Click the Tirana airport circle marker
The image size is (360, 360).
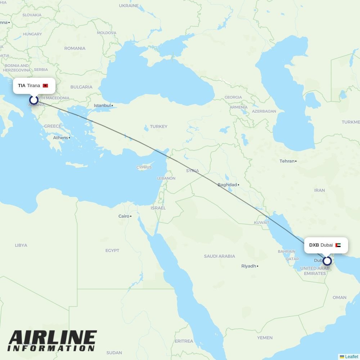click(33, 100)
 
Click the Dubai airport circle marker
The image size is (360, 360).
click(327, 261)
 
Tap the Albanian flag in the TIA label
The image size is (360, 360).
click(45, 86)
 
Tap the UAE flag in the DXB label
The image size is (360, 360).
click(338, 245)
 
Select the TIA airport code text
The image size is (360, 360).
click(22, 86)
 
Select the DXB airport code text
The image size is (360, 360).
click(314, 245)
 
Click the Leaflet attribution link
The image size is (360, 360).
click(351, 357)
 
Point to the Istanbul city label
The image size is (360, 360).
click(102, 105)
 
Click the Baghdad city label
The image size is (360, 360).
click(227, 185)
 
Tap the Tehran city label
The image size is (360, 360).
click(287, 161)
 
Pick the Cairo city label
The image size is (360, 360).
click(124, 216)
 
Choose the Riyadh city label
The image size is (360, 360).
click(248, 266)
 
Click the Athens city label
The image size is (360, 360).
click(60, 138)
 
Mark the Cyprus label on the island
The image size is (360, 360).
click(144, 167)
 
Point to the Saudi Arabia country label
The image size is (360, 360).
click(219, 256)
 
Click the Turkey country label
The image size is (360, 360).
click(159, 126)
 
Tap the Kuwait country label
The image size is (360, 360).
click(261, 222)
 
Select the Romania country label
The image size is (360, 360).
click(75, 48)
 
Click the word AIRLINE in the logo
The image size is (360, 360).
click(53, 338)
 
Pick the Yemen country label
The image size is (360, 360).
click(265, 338)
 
